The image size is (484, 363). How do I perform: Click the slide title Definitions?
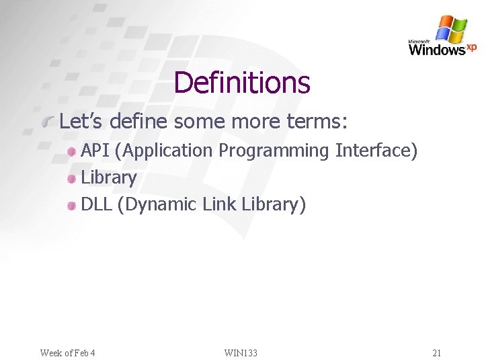242,83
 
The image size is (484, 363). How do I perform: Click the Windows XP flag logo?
451,29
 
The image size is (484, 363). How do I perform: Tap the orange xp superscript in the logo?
471,46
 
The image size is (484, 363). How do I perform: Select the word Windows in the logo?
436,50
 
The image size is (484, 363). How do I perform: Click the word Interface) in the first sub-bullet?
376,151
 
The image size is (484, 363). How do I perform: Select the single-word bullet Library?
108,178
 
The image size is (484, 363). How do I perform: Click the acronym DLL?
97,204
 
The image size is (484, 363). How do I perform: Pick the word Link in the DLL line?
219,204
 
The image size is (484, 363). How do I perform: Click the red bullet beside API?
72,152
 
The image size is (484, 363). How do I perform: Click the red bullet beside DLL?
72,206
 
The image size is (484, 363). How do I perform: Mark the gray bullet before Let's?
48,122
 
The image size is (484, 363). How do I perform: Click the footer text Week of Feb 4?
67,353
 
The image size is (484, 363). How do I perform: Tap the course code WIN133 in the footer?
241,353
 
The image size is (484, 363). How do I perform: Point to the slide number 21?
437,353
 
